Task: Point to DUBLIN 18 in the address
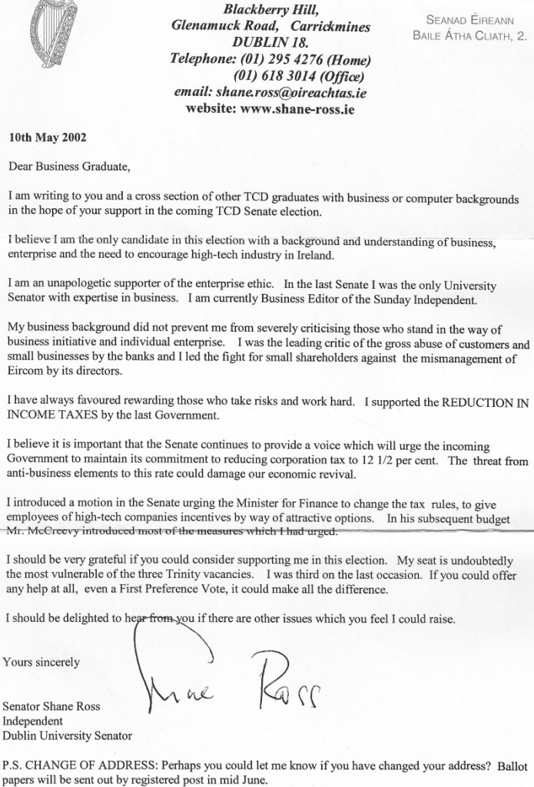(x=270, y=43)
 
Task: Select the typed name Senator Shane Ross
(x=52, y=706)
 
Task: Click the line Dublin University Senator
(x=70, y=736)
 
